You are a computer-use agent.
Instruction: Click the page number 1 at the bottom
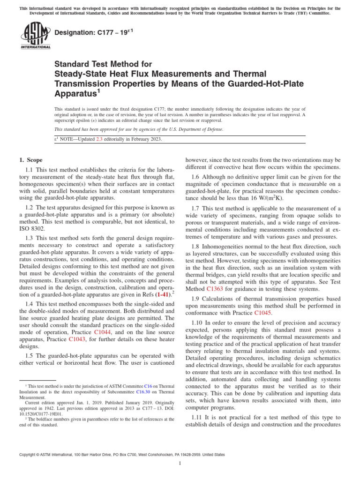click(180, 463)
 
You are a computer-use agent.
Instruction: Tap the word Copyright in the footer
click(28, 455)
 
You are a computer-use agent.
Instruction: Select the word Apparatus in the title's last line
click(75, 94)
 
